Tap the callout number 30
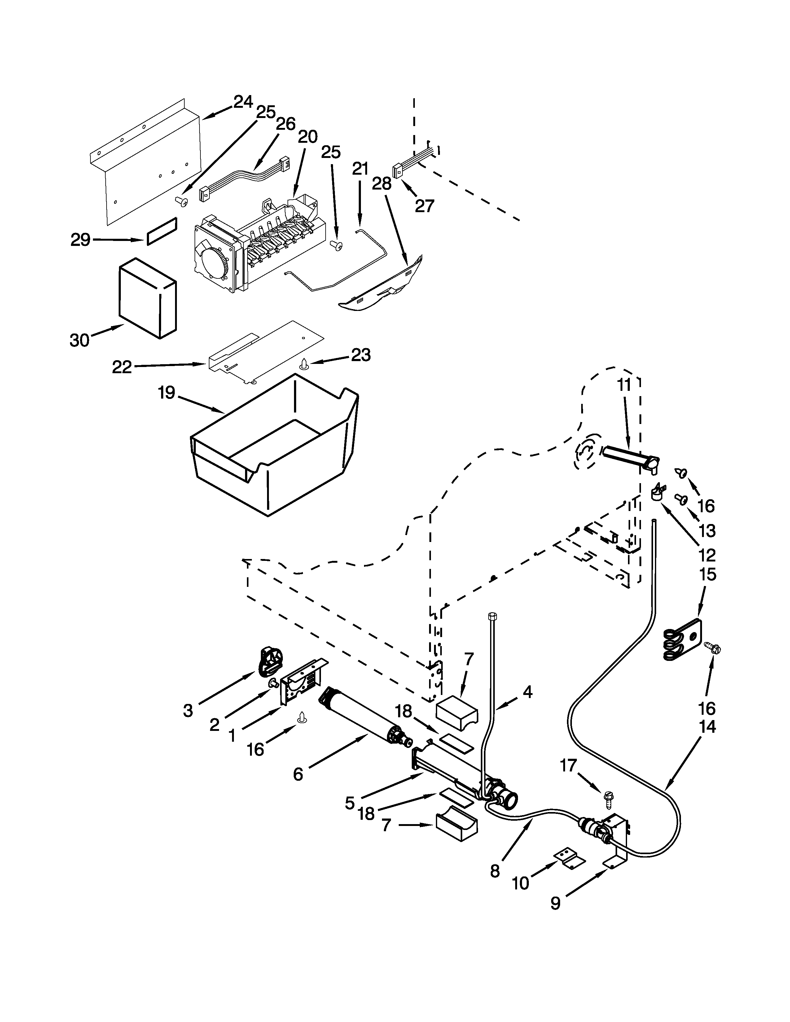coord(80,340)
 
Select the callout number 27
coord(424,206)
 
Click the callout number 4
coord(528,691)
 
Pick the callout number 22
coord(122,367)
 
